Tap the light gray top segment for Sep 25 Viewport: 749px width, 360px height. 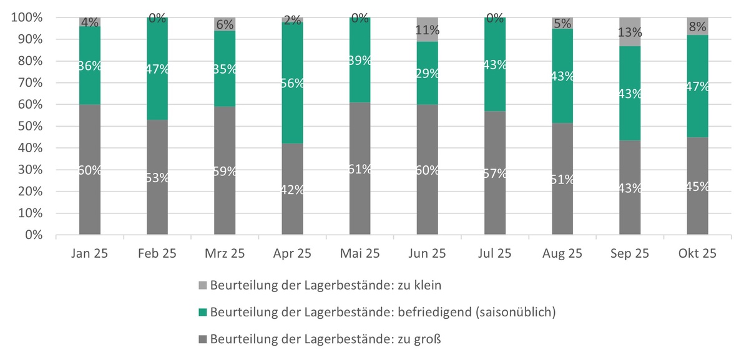pos(630,31)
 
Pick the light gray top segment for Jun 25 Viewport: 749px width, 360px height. pos(428,29)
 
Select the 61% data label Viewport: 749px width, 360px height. pos(360,168)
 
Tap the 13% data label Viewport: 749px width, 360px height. pos(630,32)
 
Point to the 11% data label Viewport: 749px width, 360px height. pos(428,30)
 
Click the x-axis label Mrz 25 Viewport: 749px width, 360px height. pos(225,254)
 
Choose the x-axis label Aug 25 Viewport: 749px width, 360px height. pos(562,254)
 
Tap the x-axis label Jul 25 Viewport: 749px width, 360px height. pos(495,254)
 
